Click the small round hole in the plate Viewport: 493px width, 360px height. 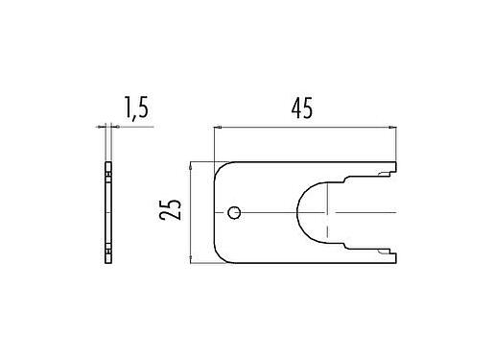pyautogui.click(x=235, y=212)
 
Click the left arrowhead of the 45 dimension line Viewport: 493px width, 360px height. pyautogui.click(x=217, y=127)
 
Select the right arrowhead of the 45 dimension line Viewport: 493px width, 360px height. pyautogui.click(x=393, y=127)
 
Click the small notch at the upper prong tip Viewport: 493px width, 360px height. pyautogui.click(x=388, y=173)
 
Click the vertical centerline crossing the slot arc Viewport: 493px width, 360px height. pyautogui.click(x=328, y=212)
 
